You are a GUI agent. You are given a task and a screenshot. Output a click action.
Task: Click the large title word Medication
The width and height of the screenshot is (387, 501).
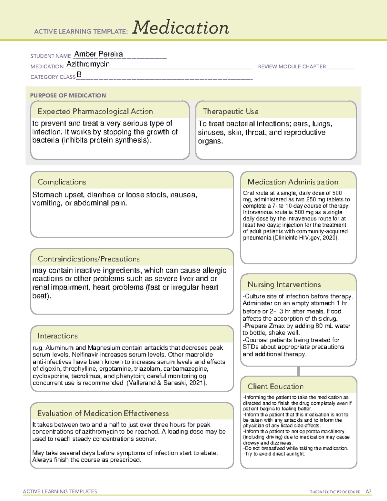pos(181,28)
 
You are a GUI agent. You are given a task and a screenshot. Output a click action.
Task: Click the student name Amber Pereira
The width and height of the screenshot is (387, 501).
pos(98,54)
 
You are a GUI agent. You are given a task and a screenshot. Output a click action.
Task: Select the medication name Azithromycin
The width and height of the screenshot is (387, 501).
pos(88,64)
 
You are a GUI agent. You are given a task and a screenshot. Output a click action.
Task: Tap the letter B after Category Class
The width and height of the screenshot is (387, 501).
pos(79,75)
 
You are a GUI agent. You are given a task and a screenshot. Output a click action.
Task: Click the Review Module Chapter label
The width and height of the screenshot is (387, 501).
pos(292,66)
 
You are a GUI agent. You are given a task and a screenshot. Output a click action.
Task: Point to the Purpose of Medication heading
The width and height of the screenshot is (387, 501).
pos(68,95)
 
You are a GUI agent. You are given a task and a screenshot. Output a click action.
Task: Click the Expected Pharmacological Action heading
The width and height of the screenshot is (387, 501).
pos(95,111)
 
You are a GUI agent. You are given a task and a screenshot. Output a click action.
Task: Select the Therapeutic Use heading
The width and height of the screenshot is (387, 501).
pos(231,111)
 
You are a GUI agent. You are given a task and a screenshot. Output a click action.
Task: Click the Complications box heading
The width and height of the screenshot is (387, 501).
pos(62,182)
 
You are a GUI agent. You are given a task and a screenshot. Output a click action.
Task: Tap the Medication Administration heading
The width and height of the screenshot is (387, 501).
pos(293,182)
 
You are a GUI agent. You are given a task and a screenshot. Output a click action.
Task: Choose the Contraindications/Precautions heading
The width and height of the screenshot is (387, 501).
pos(89,259)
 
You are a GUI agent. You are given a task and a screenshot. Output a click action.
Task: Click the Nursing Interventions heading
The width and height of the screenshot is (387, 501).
pos(284,285)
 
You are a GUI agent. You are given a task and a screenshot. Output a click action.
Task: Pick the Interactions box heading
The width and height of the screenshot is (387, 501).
pos(58,336)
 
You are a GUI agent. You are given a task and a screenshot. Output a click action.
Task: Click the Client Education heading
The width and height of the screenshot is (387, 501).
pos(276,386)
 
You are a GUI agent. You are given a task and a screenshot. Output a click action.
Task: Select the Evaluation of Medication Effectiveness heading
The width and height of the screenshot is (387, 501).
pos(103,413)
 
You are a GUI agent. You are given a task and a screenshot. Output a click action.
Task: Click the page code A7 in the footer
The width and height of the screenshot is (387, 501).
pos(368,492)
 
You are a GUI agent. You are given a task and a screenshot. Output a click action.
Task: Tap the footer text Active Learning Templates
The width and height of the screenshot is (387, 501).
pos(60,491)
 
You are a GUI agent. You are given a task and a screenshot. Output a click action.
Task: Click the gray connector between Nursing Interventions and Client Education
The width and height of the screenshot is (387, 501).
pos(298,371)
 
